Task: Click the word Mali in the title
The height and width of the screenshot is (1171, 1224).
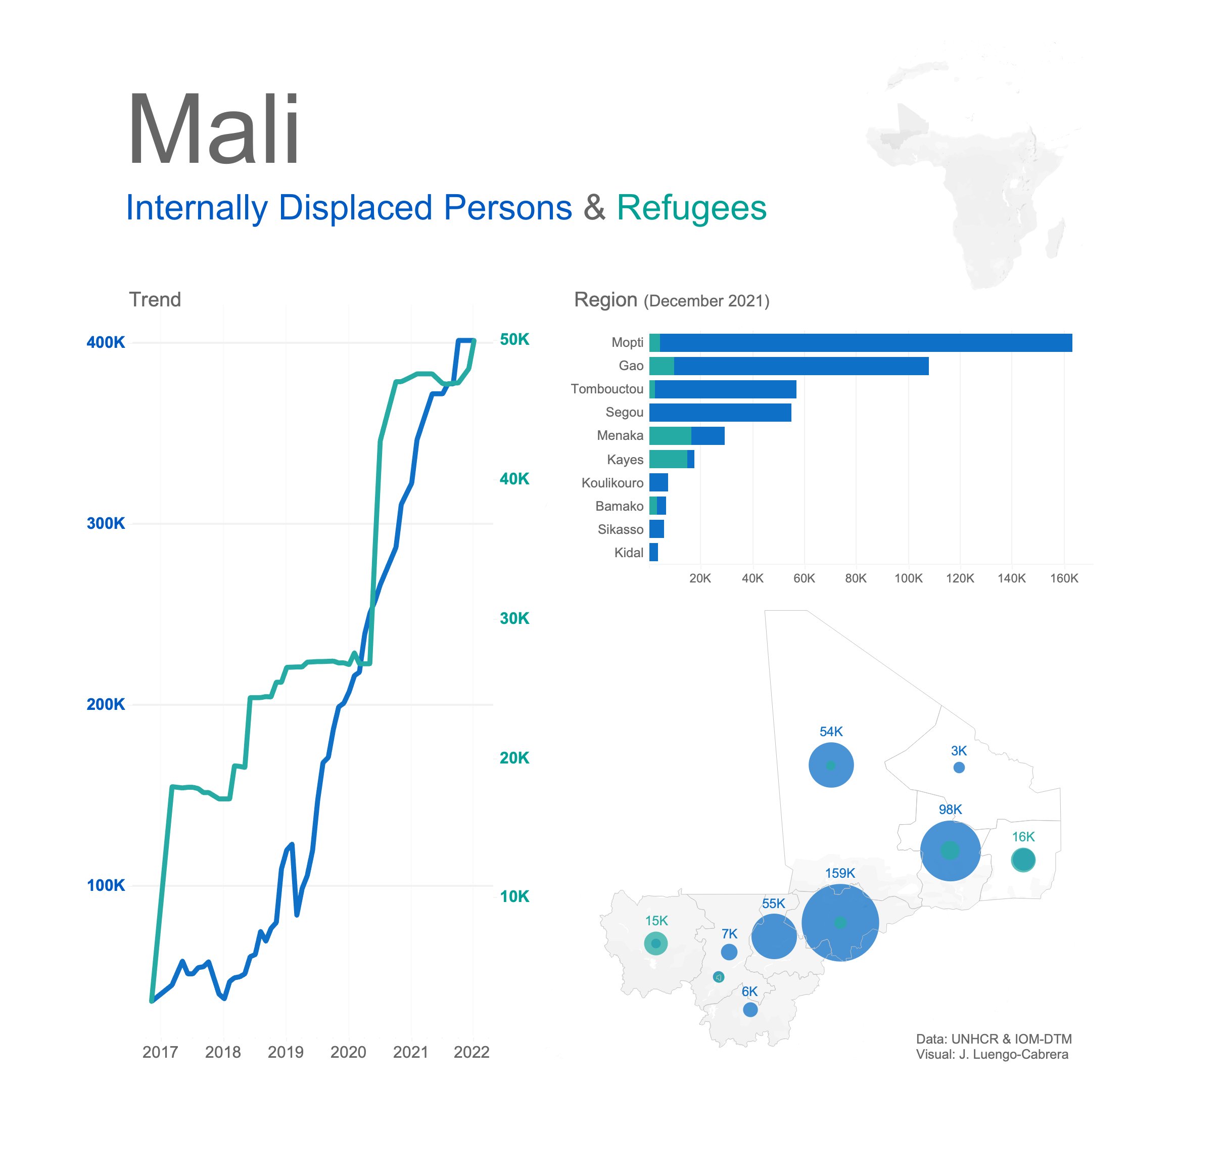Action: (213, 130)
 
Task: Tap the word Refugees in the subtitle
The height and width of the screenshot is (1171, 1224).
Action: (691, 208)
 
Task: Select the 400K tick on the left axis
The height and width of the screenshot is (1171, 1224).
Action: (106, 342)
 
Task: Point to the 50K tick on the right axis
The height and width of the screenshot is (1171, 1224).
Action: (514, 340)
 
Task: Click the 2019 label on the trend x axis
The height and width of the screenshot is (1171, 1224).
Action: (285, 1052)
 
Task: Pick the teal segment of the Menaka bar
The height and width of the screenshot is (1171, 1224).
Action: (670, 436)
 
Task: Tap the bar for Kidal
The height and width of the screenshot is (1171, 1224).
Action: (653, 553)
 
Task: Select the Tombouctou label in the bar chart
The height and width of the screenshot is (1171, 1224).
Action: (606, 389)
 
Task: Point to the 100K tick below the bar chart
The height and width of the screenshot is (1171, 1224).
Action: (908, 578)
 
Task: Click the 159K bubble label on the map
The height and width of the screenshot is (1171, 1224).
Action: (840, 873)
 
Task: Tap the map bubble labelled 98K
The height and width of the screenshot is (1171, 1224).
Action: (950, 851)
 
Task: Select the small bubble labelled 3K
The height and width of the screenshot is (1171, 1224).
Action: (959, 768)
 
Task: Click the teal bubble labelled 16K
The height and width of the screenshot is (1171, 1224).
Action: (1022, 860)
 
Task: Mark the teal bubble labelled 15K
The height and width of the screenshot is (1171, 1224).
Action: (655, 943)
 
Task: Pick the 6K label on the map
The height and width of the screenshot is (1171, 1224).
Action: (749, 991)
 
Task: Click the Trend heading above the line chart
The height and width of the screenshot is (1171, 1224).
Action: (155, 300)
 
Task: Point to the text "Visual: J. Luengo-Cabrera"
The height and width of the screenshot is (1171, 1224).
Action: (992, 1054)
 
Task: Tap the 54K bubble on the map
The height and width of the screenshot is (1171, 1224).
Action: (831, 765)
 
